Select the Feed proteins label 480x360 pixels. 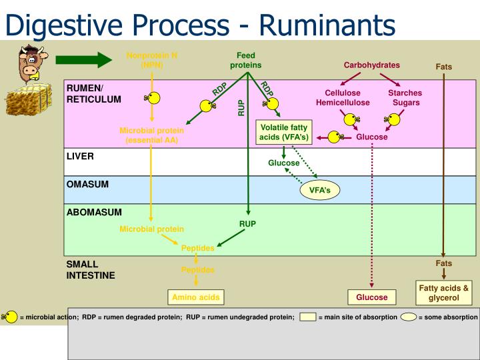coord(246,60)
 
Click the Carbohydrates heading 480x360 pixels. coord(371,65)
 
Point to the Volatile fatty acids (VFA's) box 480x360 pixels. coord(283,132)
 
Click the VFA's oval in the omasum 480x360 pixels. coord(320,190)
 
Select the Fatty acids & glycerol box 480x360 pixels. coord(443,292)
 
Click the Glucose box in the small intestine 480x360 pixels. coord(371,297)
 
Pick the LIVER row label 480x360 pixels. coord(80,156)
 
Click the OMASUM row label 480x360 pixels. coord(87,184)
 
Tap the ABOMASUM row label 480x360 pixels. coord(94,212)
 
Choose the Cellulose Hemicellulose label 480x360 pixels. coord(343,98)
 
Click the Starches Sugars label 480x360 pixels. coord(405,98)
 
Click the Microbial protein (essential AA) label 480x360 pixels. coord(151,135)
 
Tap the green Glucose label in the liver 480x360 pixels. coord(283,163)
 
